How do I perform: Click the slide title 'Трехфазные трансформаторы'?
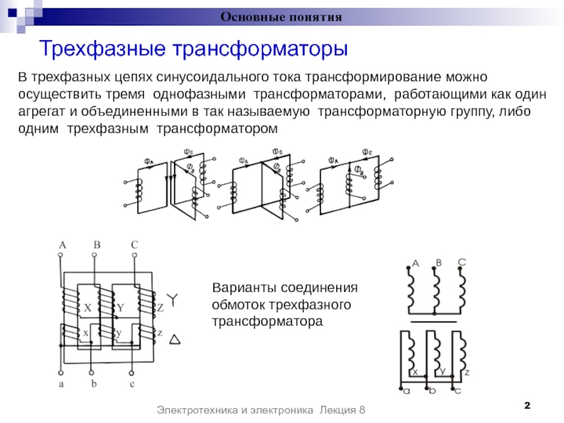194,49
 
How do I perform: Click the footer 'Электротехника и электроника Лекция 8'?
262,410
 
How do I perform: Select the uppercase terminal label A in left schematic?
62,245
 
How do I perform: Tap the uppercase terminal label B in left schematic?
97,245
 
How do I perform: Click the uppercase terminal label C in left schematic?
134,245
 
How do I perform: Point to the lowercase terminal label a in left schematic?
61,384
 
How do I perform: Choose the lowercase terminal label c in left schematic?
132,384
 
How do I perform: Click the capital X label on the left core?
88,309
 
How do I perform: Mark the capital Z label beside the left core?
160,308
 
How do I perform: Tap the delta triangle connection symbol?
176,340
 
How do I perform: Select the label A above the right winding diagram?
415,264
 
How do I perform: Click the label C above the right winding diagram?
462,262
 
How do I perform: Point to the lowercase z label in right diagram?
467,371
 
